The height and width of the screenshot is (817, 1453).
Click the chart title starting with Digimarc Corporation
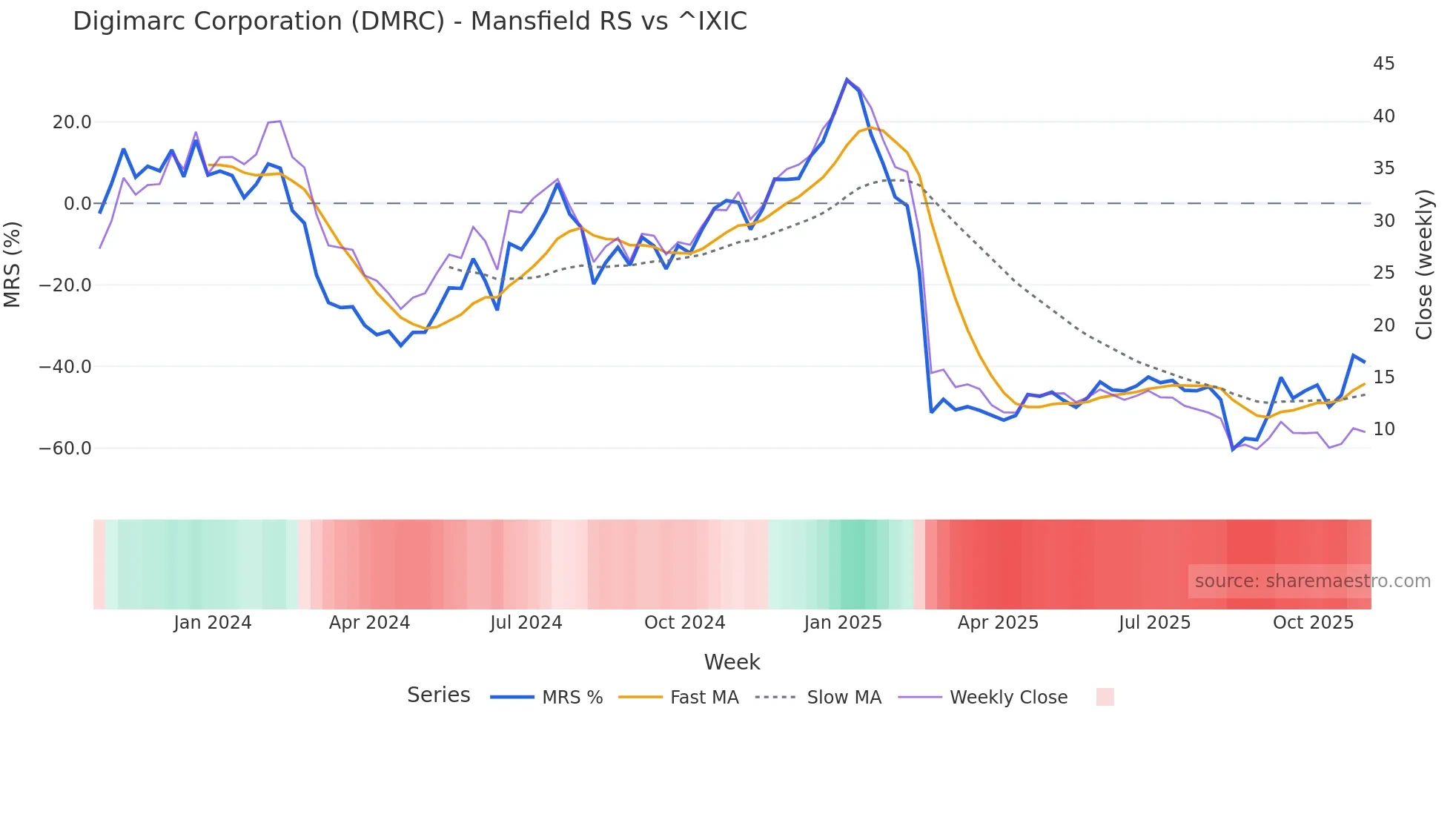(410, 21)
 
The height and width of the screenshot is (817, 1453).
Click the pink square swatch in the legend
(1105, 697)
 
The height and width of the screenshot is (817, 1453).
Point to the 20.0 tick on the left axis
(72, 122)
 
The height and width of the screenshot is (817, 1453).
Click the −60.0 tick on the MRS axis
(65, 449)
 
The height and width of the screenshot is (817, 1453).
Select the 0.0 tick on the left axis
(78, 204)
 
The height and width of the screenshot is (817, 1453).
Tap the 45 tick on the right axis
(1383, 64)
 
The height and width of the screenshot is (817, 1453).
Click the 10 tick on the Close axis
(1383, 429)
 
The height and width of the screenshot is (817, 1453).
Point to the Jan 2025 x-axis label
(843, 623)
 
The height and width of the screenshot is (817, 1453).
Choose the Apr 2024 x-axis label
(369, 623)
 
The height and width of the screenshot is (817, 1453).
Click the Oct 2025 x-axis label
(1313, 623)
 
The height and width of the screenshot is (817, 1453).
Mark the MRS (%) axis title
(13, 264)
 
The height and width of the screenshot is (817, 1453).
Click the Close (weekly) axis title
(1424, 265)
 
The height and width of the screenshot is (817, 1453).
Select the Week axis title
(732, 662)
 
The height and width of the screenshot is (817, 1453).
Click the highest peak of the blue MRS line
(847, 79)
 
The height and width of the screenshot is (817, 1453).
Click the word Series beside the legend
(438, 695)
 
